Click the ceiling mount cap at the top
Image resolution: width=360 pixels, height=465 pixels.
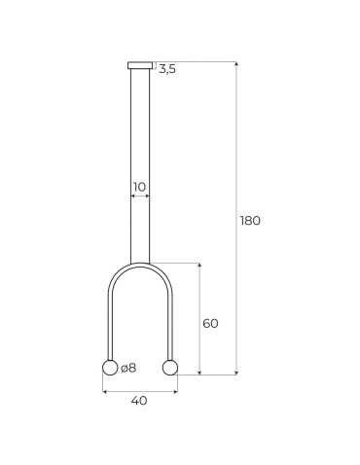tap(140, 65)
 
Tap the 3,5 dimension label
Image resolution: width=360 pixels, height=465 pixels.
tap(166, 69)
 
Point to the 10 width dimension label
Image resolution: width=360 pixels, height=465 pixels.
tap(140, 185)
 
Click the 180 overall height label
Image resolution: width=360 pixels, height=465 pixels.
tap(250, 220)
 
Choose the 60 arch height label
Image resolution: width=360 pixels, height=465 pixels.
tap(210, 323)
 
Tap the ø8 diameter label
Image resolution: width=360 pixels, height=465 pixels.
tap(128, 368)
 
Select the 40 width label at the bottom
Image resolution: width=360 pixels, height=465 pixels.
tap(139, 401)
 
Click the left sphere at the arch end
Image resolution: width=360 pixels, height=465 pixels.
tap(110, 368)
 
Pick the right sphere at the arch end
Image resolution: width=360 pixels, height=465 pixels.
tap(170, 368)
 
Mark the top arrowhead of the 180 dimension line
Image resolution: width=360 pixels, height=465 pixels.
tap(236, 64)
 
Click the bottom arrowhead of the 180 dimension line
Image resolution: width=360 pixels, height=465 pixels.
tap(236, 372)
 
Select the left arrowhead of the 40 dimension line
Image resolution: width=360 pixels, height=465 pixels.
tap(105, 392)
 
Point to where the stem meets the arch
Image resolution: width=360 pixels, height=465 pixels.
tap(140, 264)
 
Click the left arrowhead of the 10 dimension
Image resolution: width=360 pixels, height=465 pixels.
tap(132, 197)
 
